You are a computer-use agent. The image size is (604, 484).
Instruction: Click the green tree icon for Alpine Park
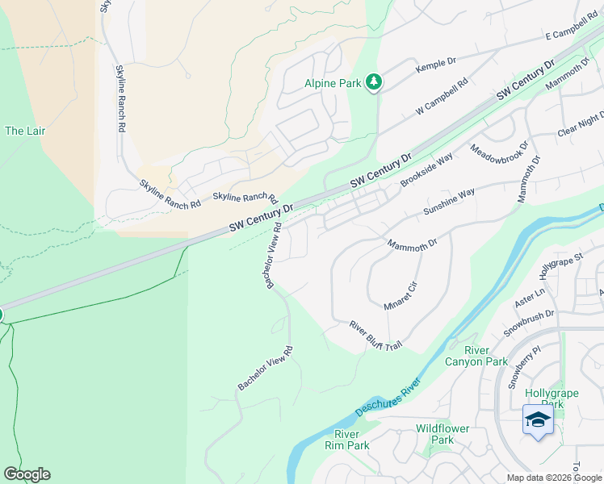point(373,81)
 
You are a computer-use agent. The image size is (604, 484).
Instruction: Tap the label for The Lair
point(25,131)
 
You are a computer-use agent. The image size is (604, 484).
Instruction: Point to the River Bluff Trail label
point(375,336)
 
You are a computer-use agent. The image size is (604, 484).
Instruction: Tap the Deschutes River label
point(388,396)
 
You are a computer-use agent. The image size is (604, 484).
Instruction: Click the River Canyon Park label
point(476,356)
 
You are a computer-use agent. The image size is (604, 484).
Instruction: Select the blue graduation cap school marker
point(538,420)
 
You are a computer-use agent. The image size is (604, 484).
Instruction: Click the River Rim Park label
point(346,440)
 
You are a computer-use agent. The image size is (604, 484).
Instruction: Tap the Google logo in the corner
point(27,474)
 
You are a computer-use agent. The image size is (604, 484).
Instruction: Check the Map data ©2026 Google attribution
point(554,478)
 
